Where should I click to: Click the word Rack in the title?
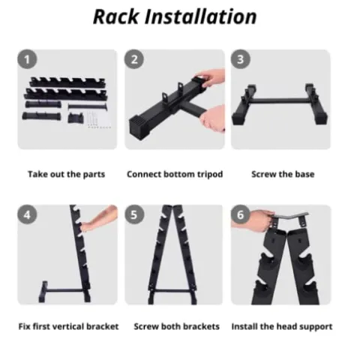[115, 16]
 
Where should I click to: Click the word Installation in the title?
[201, 16]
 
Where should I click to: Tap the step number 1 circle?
[27, 59]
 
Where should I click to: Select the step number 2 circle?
[134, 59]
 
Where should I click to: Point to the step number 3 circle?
[240, 59]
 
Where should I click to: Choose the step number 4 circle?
[27, 214]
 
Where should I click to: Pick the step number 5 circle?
[134, 214]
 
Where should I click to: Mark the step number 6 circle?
[240, 214]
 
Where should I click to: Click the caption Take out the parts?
[66, 174]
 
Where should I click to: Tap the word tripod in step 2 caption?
[210, 175]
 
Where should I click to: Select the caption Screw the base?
[283, 174]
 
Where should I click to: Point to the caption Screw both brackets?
[176, 326]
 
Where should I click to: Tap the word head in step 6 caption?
[287, 326]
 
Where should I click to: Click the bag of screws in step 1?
[99, 119]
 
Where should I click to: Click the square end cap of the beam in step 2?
[138, 128]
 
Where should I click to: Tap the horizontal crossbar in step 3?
[280, 101]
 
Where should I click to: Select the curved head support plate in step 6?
[290, 215]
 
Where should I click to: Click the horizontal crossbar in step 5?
[172, 291]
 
